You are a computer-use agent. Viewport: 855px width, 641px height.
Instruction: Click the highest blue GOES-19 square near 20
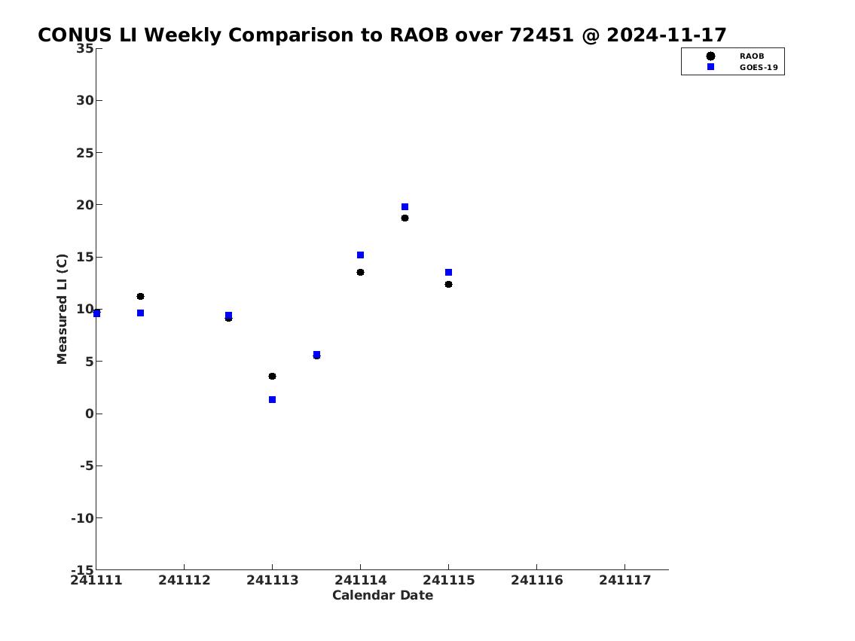[405, 207]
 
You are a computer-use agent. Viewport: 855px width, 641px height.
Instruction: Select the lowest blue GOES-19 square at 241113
[272, 399]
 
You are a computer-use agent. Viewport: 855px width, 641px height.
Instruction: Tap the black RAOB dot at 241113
[272, 376]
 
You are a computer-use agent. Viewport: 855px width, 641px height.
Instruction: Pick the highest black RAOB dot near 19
[405, 218]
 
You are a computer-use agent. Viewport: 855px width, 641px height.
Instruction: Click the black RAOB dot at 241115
[448, 285]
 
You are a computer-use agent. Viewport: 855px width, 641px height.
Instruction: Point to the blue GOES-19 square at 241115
[448, 273]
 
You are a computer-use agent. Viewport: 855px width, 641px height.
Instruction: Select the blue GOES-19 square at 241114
[360, 255]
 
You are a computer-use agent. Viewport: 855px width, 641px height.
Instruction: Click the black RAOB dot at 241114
[360, 273]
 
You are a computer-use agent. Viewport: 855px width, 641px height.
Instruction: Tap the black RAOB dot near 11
[140, 297]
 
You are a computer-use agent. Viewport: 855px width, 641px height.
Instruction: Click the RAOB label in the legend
[751, 56]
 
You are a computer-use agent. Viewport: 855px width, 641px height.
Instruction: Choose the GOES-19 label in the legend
[759, 68]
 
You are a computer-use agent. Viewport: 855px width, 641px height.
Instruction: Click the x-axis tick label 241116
[536, 581]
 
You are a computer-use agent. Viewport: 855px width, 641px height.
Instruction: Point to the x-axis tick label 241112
[185, 581]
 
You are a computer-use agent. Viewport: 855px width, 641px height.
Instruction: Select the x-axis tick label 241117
[625, 581]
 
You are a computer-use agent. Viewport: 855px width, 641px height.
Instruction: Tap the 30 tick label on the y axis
[85, 100]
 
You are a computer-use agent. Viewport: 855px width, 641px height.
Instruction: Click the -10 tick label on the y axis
[82, 517]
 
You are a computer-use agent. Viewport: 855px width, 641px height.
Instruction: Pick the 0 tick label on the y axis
[90, 414]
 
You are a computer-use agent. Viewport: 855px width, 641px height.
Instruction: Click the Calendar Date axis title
[383, 596]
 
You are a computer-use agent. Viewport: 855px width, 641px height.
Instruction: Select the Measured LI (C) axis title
[63, 309]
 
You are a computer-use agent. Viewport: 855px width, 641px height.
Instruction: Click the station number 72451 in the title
[542, 35]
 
